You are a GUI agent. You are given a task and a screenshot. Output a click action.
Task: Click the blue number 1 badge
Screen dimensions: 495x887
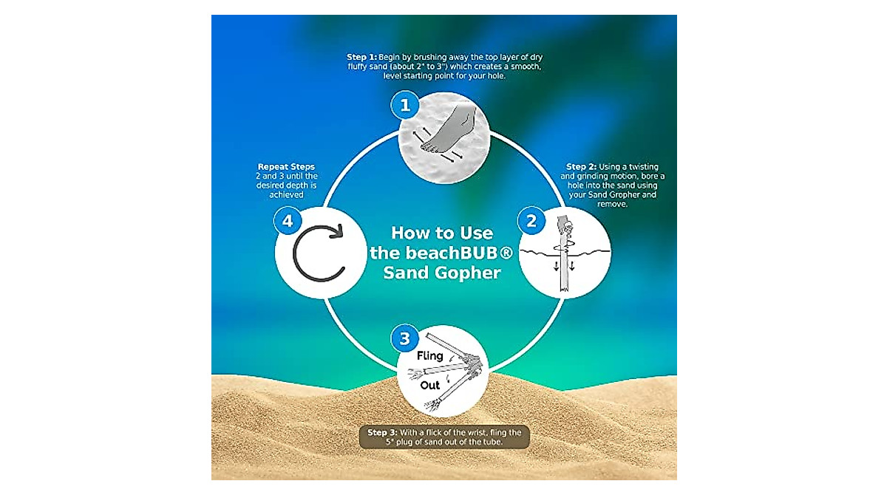point(404,106)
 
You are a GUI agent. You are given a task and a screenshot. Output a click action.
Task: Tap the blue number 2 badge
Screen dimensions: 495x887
point(529,220)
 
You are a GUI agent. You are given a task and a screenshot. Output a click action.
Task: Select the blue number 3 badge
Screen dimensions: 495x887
point(404,340)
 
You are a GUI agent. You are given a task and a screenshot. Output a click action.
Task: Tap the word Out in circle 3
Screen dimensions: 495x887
point(430,386)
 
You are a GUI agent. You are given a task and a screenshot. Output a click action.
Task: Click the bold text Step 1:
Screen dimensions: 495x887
point(361,57)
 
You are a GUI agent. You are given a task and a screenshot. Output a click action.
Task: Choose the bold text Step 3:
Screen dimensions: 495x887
point(384,432)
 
